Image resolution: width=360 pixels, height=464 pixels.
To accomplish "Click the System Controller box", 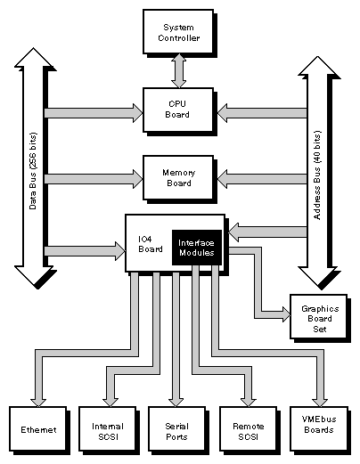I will click(x=178, y=31).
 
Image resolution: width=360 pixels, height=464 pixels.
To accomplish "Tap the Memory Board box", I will click(x=178, y=177).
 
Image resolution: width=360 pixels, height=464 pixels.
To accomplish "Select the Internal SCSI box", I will click(x=106, y=429).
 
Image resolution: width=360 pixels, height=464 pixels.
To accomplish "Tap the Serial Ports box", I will click(x=177, y=429).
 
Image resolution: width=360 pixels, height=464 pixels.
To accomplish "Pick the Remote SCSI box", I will click(x=249, y=429).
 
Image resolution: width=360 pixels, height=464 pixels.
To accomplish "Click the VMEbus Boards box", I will click(x=319, y=429).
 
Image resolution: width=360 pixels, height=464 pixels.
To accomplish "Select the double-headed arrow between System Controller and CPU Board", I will click(x=178, y=70).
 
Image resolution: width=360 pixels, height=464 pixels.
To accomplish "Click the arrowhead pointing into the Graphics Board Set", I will click(x=283, y=313).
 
